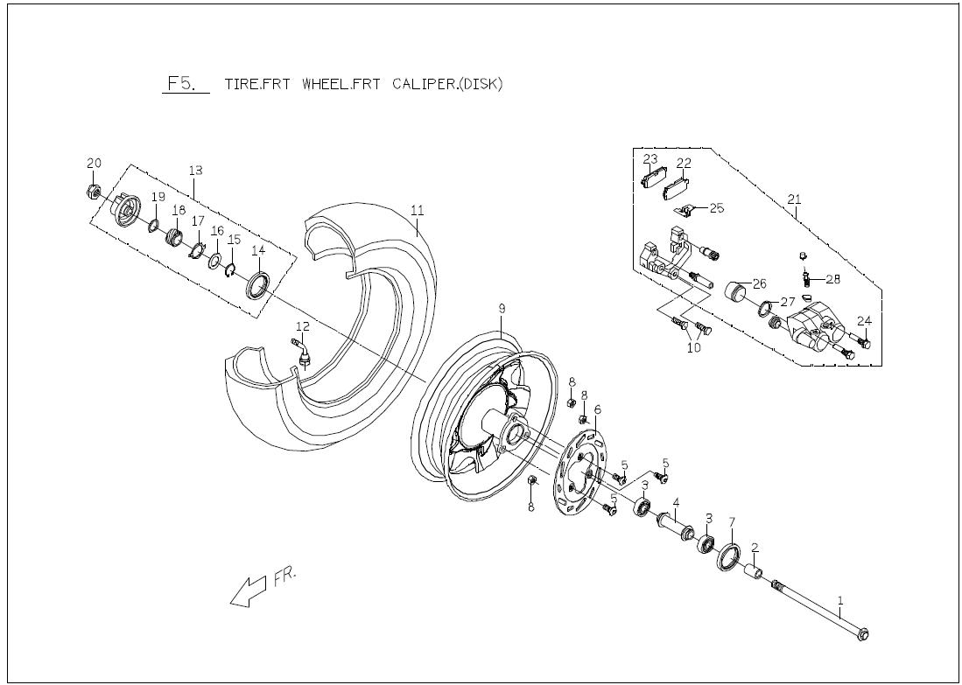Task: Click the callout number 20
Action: [x=95, y=164]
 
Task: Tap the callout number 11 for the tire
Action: [x=418, y=211]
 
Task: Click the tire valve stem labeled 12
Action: [x=304, y=353]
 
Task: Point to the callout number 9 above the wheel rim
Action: [x=502, y=309]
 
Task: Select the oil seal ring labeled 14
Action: [x=258, y=284]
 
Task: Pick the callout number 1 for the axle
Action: [x=840, y=601]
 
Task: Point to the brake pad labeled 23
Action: [x=652, y=179]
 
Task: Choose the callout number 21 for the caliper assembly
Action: [x=794, y=200]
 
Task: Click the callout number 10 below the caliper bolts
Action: [x=694, y=348]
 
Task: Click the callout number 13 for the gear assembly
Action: [x=195, y=169]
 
